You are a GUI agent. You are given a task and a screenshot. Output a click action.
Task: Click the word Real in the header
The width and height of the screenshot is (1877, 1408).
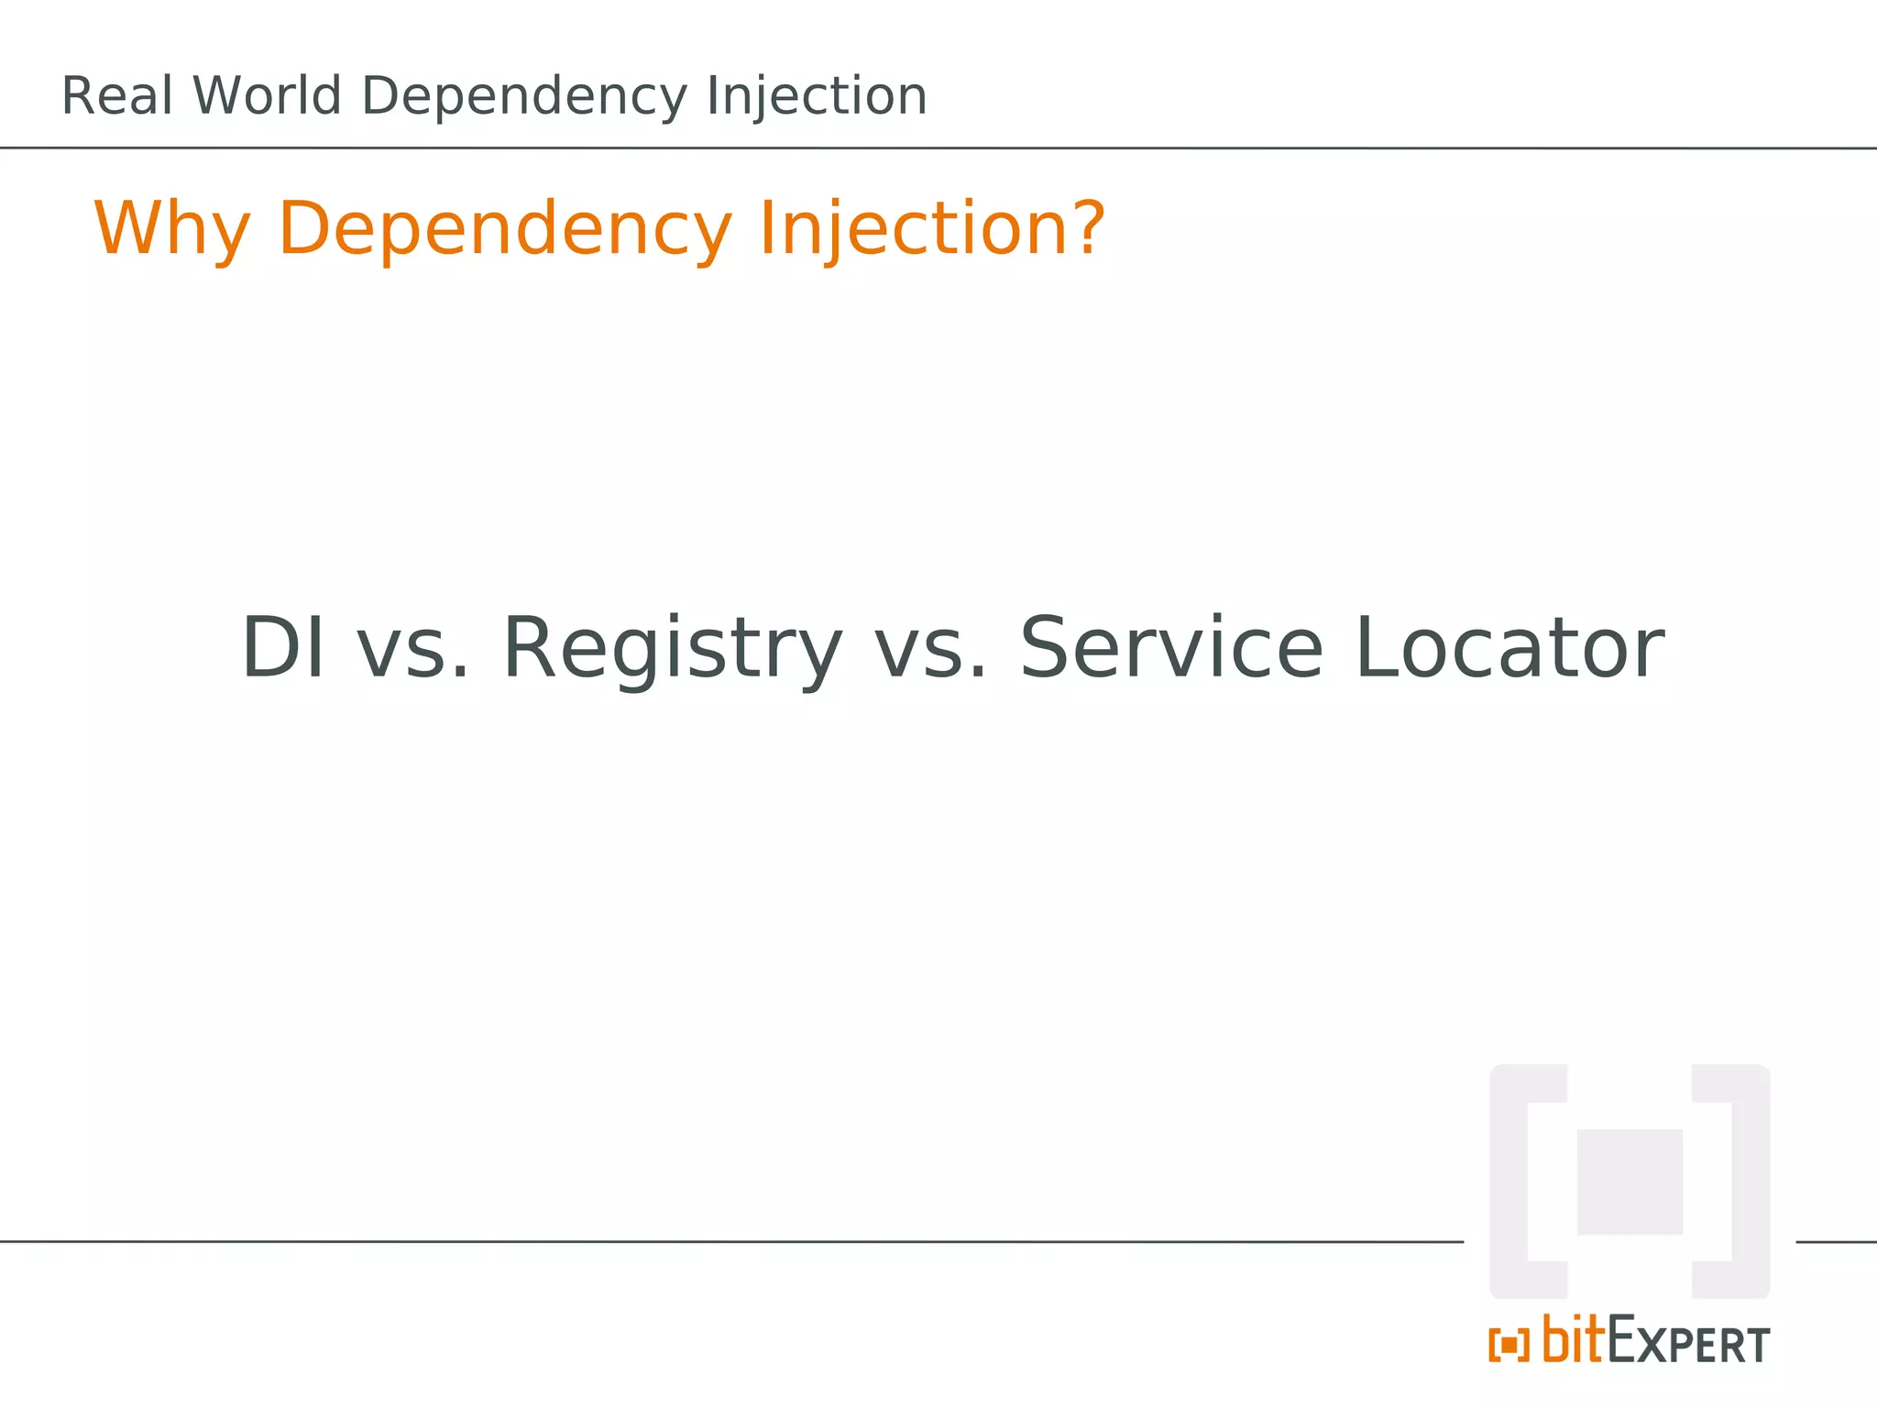tap(116, 96)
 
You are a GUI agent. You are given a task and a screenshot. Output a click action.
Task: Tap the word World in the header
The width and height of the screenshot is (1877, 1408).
tap(267, 96)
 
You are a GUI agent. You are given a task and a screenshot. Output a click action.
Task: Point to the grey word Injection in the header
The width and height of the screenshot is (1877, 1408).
tap(817, 98)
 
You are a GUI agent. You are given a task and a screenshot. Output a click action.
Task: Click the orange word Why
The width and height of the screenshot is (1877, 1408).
tap(171, 229)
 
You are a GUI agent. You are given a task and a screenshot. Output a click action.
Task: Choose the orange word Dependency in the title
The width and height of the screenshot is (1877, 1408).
tap(505, 229)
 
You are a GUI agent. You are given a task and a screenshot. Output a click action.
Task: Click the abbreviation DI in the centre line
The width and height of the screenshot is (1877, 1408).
tap(282, 648)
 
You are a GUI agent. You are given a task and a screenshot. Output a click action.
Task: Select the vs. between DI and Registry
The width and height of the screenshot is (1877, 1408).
tap(413, 650)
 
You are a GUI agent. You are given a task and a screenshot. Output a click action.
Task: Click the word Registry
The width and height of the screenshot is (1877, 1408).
tap(672, 650)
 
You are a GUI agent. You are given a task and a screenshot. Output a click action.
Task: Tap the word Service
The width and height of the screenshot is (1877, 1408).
tap(1171, 648)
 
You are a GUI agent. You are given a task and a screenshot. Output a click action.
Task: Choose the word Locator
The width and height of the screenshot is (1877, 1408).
tap(1509, 648)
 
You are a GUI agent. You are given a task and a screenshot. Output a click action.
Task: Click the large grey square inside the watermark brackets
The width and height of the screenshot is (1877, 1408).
tap(1630, 1182)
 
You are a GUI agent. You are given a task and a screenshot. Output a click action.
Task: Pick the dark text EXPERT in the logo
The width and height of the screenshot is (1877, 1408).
tap(1688, 1344)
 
